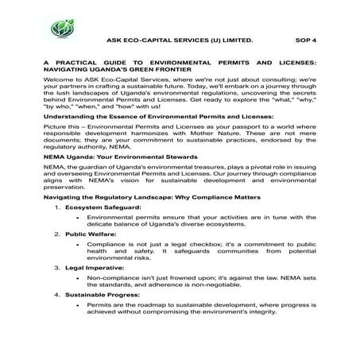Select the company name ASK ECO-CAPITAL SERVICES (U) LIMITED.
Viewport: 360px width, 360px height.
(180, 37)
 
